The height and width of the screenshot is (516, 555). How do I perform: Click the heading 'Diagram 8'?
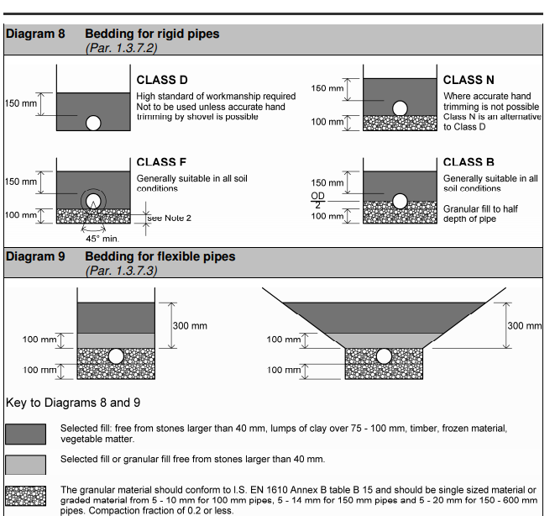tap(35, 34)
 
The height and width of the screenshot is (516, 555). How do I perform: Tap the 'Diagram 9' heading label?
tap(35, 256)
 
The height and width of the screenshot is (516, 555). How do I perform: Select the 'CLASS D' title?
tap(162, 81)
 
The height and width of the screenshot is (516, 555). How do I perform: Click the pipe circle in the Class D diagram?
tap(93, 123)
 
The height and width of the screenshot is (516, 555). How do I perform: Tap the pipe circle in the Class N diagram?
tap(401, 108)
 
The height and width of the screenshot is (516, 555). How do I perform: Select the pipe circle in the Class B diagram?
tap(401, 201)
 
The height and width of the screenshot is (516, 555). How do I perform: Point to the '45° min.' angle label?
tap(102, 239)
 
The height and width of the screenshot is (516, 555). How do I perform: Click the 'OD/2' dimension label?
tap(317, 199)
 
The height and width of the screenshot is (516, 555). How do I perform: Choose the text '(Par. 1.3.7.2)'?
tap(121, 48)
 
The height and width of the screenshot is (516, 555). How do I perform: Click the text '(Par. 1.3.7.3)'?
tap(121, 270)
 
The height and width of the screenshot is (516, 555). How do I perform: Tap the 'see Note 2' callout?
tap(170, 218)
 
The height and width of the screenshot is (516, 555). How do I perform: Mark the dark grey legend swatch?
tap(26, 434)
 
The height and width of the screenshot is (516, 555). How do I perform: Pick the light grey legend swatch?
tap(26, 465)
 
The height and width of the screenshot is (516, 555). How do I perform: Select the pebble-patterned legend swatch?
tap(26, 497)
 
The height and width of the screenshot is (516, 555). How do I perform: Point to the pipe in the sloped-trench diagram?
tap(385, 355)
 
